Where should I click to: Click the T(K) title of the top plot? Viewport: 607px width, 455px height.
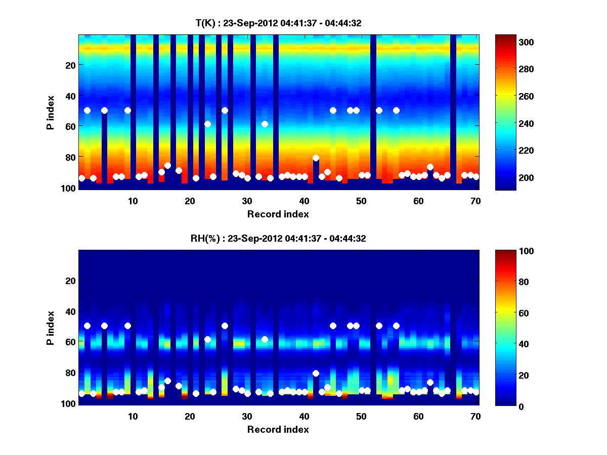coord(278,23)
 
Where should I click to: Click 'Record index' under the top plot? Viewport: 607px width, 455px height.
coord(278,214)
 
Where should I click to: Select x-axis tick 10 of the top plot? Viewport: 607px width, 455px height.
coord(133,200)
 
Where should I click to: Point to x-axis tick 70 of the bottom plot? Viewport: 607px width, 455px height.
coord(475,416)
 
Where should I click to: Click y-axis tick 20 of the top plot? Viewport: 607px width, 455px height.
coord(70,65)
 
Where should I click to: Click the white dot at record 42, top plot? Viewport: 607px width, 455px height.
coord(316,158)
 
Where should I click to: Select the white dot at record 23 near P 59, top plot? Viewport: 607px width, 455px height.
coord(207,124)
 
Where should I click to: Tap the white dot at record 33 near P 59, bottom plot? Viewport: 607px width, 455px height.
coord(265,339)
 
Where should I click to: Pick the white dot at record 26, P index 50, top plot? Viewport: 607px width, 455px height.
coord(225,110)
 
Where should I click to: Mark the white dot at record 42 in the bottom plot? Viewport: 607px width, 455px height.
coord(316,374)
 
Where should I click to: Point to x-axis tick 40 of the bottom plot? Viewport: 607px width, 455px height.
coord(304,416)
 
